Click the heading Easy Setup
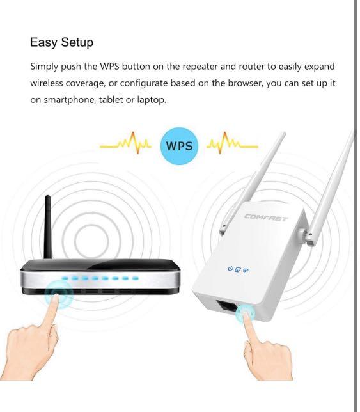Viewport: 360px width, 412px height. coord(61,42)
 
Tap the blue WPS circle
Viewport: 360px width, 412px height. coord(179,145)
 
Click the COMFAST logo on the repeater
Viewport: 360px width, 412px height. coord(265,218)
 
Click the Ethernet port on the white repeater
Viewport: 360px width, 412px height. coord(228,307)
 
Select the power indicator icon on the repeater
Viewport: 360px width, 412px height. coord(230,269)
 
